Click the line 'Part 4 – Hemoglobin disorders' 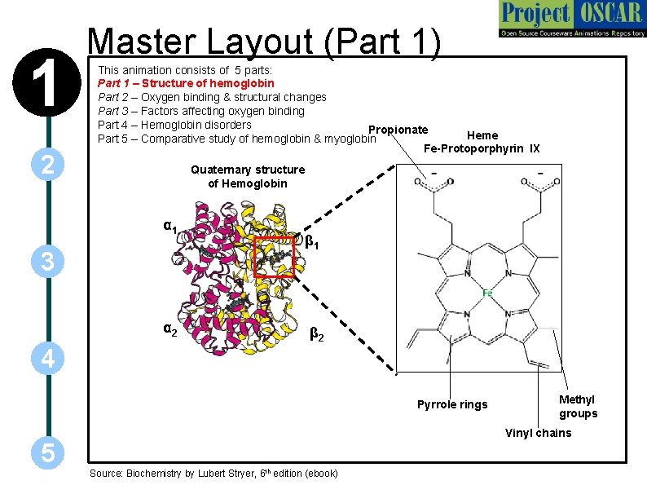174,125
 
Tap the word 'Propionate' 398,130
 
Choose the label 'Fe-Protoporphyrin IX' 482,148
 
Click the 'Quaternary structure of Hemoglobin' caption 248,176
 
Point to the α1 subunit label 170,227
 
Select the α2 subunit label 170,330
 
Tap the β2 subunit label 317,333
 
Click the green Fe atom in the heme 487,292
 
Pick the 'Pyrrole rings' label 452,404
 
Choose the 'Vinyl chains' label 538,432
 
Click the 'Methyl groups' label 578,406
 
